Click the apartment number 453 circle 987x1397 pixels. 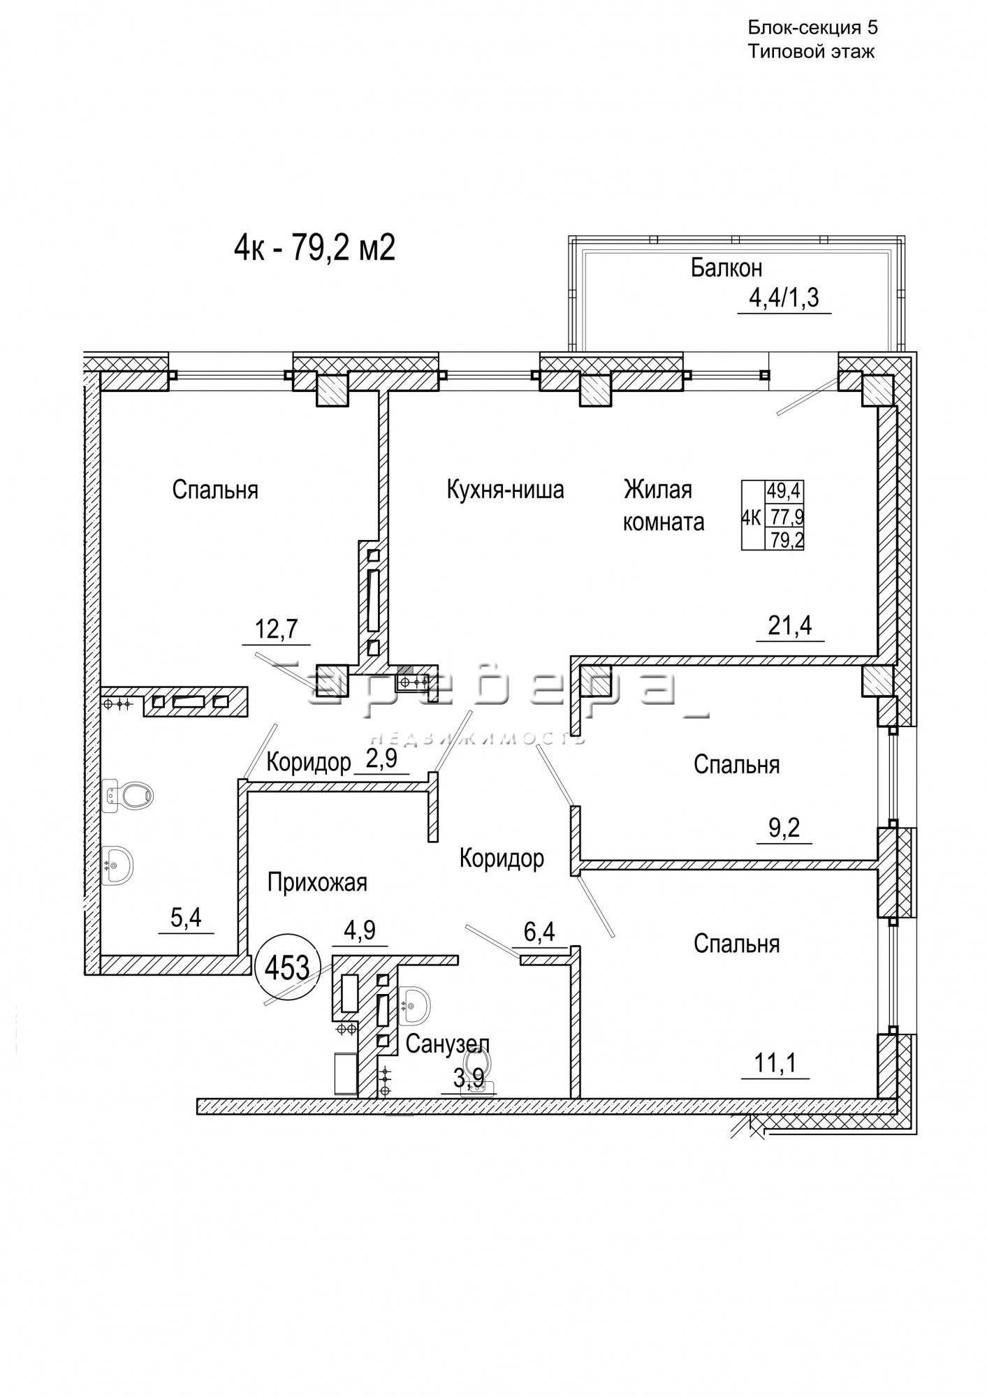click(x=288, y=967)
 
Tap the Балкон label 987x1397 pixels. click(x=726, y=268)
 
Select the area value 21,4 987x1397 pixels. click(x=790, y=625)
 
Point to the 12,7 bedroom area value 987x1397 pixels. click(x=277, y=629)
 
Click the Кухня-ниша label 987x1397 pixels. click(x=505, y=490)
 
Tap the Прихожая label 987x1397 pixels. click(x=317, y=883)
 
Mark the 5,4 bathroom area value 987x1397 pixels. click(x=186, y=918)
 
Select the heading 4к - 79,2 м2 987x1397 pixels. click(x=314, y=247)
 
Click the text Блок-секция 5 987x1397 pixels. click(x=812, y=28)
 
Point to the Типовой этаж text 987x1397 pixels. click(x=811, y=52)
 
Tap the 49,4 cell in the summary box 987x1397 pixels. click(x=784, y=490)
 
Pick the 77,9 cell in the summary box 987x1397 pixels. click(x=784, y=517)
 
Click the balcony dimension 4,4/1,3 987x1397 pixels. click(x=784, y=299)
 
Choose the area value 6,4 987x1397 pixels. click(x=539, y=931)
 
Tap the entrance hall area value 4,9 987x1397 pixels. click(x=360, y=930)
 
